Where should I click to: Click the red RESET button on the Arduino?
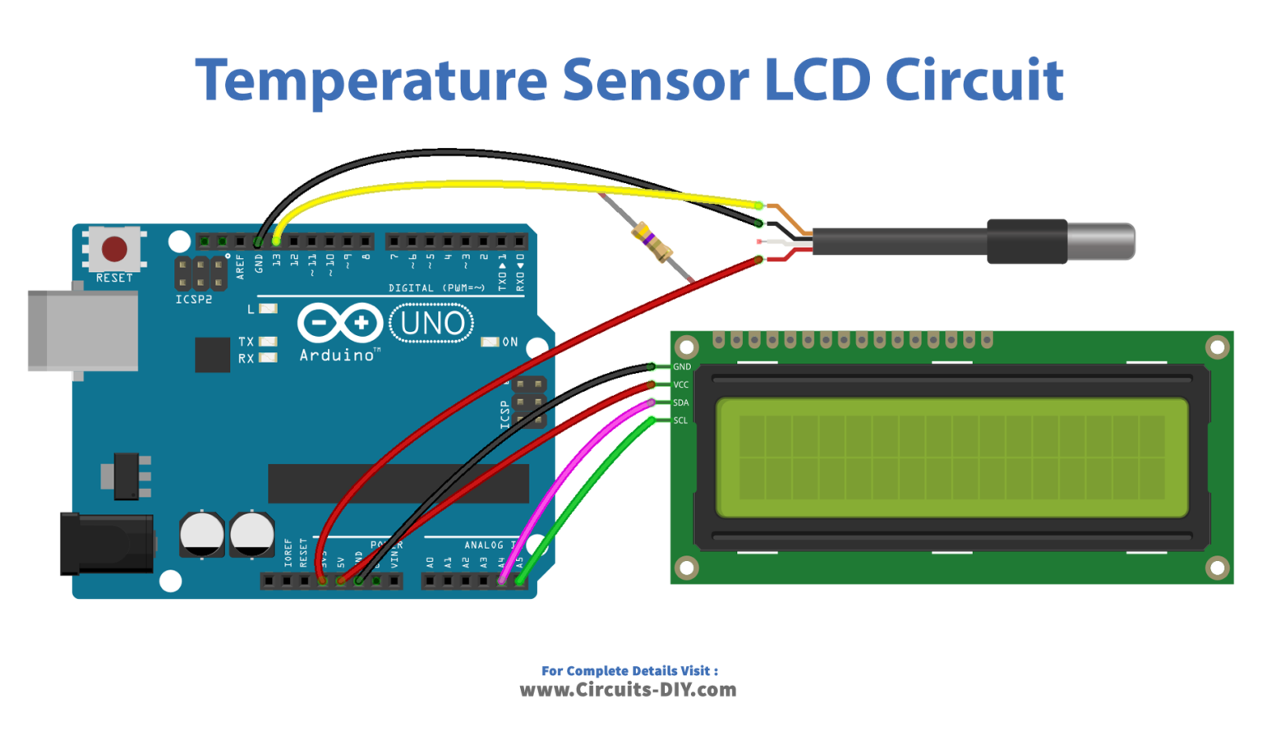tap(114, 248)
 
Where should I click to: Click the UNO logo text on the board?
tap(432, 324)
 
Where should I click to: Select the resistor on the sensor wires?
tap(653, 243)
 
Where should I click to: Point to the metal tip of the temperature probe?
tap(1101, 241)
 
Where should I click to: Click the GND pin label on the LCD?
tap(682, 367)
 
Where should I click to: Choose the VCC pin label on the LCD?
tap(681, 384)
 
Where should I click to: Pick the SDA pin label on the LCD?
tap(681, 402)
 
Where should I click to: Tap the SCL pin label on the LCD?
tap(680, 421)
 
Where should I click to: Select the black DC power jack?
tap(107, 544)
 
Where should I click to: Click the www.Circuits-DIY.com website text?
tap(628, 690)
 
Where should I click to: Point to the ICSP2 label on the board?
tap(194, 300)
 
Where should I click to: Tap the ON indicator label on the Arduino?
tap(510, 342)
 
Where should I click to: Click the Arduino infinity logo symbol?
tap(340, 324)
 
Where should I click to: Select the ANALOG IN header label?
tap(490, 545)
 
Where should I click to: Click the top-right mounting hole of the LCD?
tap(1217, 347)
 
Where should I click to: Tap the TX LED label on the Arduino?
tap(246, 342)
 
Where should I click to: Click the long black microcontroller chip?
tap(398, 483)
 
